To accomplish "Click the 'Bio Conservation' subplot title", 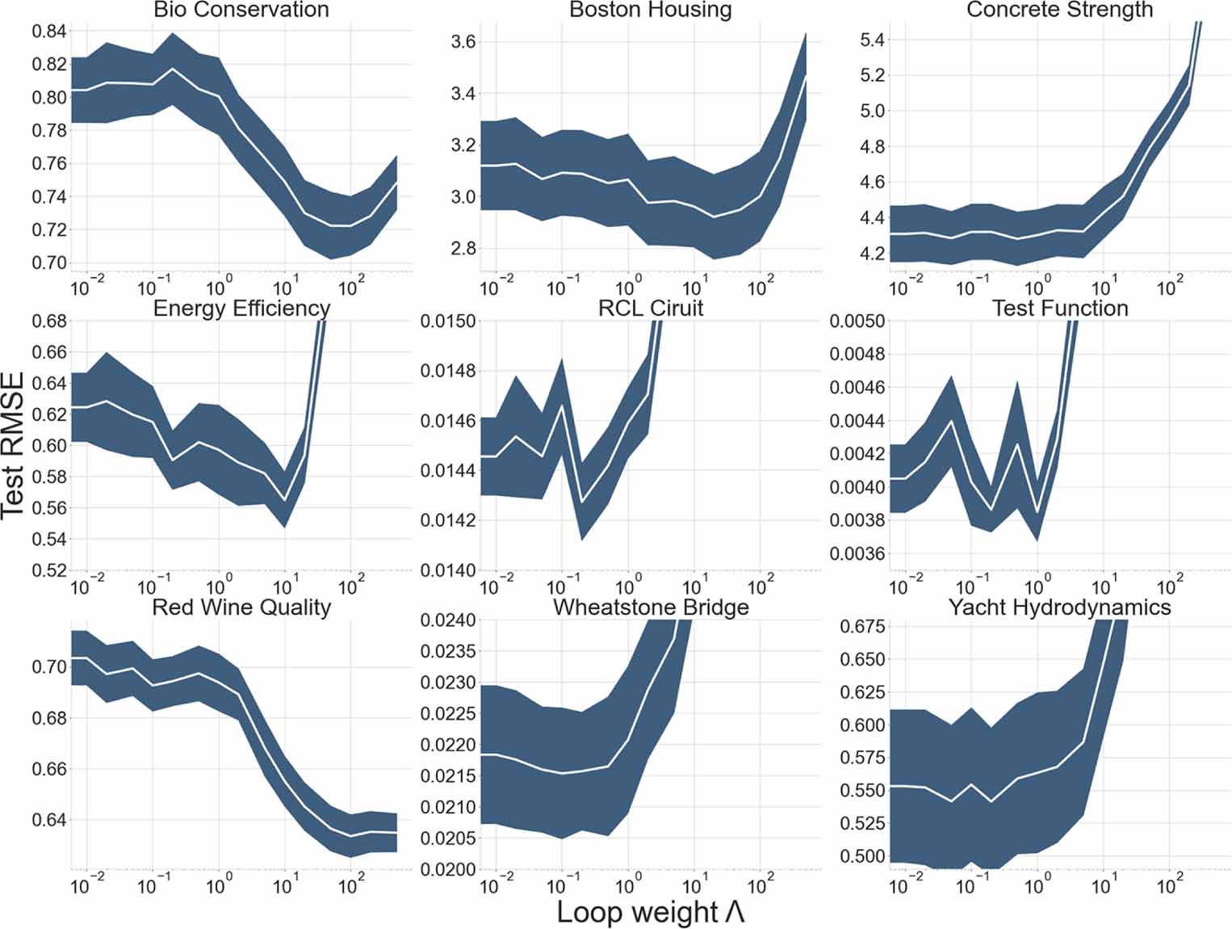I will coord(241,11).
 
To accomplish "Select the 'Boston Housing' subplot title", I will coord(651,11).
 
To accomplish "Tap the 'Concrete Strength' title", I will coord(1059,11).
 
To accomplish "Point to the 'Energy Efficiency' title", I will coord(241,309).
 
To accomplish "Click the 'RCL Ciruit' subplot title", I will coord(651,309).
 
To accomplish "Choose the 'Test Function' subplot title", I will coord(1059,309).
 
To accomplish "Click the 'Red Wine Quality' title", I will coord(241,607).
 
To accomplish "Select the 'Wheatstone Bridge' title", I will coord(651,607).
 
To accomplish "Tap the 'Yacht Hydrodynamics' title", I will coord(1059,607).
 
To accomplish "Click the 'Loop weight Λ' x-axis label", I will coord(651,912).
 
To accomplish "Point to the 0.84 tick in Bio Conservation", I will coord(48,32).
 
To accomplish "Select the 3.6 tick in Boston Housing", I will coord(463,42).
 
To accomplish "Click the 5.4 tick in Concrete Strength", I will coord(873,40).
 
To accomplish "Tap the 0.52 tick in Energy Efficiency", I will coord(48,570).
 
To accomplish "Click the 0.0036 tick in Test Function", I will coord(857,554).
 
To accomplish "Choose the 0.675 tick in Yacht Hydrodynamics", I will coord(862,627).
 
